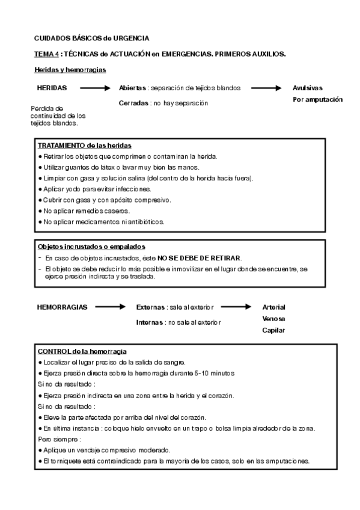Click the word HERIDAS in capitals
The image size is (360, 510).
click(52, 88)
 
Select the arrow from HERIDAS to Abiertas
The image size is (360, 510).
click(95, 88)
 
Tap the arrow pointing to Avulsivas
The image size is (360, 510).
click(266, 88)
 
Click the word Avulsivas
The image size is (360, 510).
click(308, 88)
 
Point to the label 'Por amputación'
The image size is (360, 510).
click(317, 99)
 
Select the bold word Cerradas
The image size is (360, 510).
click(134, 103)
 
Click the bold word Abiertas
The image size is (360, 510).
click(133, 88)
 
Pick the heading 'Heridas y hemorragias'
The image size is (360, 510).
click(70, 70)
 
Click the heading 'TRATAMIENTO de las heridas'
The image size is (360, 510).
click(85, 146)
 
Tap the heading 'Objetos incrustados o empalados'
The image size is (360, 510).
click(91, 247)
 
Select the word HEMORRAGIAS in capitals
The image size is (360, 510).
click(62, 307)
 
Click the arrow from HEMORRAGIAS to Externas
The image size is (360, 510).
click(109, 307)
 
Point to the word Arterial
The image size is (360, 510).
click(273, 307)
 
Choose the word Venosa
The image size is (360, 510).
click(273, 318)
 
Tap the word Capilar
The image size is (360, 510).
click(273, 330)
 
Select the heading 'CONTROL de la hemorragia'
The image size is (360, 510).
click(82, 351)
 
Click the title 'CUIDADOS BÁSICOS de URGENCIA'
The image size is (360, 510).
click(92, 38)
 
